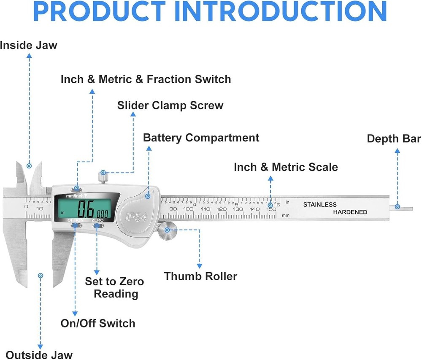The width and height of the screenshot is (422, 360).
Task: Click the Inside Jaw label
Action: pyautogui.click(x=29, y=45)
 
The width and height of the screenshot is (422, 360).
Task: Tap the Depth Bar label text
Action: pyautogui.click(x=394, y=139)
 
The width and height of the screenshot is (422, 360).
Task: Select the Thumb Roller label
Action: pyautogui.click(x=200, y=276)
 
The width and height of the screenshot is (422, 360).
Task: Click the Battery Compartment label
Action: pyautogui.click(x=201, y=138)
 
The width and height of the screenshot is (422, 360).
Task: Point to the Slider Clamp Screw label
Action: pyautogui.click(x=170, y=105)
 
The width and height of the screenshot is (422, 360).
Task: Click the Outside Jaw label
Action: pyautogui.click(x=39, y=355)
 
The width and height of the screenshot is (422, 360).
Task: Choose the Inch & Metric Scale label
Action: pyautogui.click(x=286, y=167)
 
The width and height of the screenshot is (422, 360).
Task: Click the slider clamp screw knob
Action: pyautogui.click(x=103, y=176)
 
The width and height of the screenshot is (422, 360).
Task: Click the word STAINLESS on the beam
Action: pyautogui.click(x=320, y=205)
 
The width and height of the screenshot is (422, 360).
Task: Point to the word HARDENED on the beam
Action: pyautogui.click(x=350, y=212)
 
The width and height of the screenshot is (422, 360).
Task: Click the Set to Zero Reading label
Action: pyautogui.click(x=115, y=287)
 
